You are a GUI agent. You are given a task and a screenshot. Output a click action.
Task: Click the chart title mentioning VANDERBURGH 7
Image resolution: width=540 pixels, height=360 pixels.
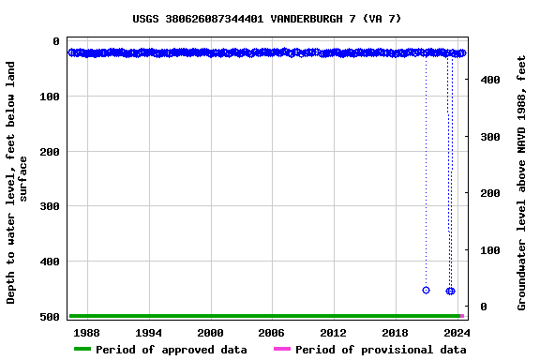(x=267, y=19)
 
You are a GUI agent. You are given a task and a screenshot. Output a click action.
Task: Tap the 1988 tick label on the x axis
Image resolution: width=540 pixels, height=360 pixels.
(x=87, y=332)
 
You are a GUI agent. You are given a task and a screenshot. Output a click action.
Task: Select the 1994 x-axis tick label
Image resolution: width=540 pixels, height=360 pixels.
(x=149, y=332)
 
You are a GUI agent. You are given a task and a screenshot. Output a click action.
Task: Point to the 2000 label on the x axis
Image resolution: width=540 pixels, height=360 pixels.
(x=210, y=332)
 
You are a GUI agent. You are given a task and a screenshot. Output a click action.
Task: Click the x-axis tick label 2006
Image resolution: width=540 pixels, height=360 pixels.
(x=272, y=332)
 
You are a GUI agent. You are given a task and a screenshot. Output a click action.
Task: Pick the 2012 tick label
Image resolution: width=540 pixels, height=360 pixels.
(x=334, y=332)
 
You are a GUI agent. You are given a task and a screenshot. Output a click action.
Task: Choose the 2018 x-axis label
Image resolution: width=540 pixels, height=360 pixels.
(x=395, y=332)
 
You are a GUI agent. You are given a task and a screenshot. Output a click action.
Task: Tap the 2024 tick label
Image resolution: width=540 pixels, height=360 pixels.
(x=457, y=332)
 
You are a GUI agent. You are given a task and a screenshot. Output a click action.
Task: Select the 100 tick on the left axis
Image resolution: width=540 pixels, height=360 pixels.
(x=49, y=97)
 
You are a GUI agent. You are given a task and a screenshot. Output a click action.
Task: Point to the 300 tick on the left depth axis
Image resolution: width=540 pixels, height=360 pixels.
(x=49, y=207)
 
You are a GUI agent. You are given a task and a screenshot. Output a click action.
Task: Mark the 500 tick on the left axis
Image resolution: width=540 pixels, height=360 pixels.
(x=49, y=317)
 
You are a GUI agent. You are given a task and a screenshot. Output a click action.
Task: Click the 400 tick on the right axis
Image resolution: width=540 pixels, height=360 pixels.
(x=489, y=81)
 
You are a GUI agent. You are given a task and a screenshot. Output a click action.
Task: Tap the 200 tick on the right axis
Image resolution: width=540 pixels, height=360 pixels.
(x=489, y=194)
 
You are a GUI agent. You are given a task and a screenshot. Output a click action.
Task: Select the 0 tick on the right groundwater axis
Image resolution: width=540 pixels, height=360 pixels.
(x=484, y=307)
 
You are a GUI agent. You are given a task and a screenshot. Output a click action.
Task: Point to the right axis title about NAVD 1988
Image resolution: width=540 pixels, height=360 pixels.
(x=522, y=183)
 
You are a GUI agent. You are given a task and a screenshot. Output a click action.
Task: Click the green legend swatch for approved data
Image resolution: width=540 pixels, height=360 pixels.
(x=82, y=350)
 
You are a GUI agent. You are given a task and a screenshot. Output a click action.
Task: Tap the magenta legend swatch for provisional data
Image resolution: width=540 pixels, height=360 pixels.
(x=282, y=350)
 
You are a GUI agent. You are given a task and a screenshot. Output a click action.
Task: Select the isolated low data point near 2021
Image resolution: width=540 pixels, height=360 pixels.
(x=426, y=291)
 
